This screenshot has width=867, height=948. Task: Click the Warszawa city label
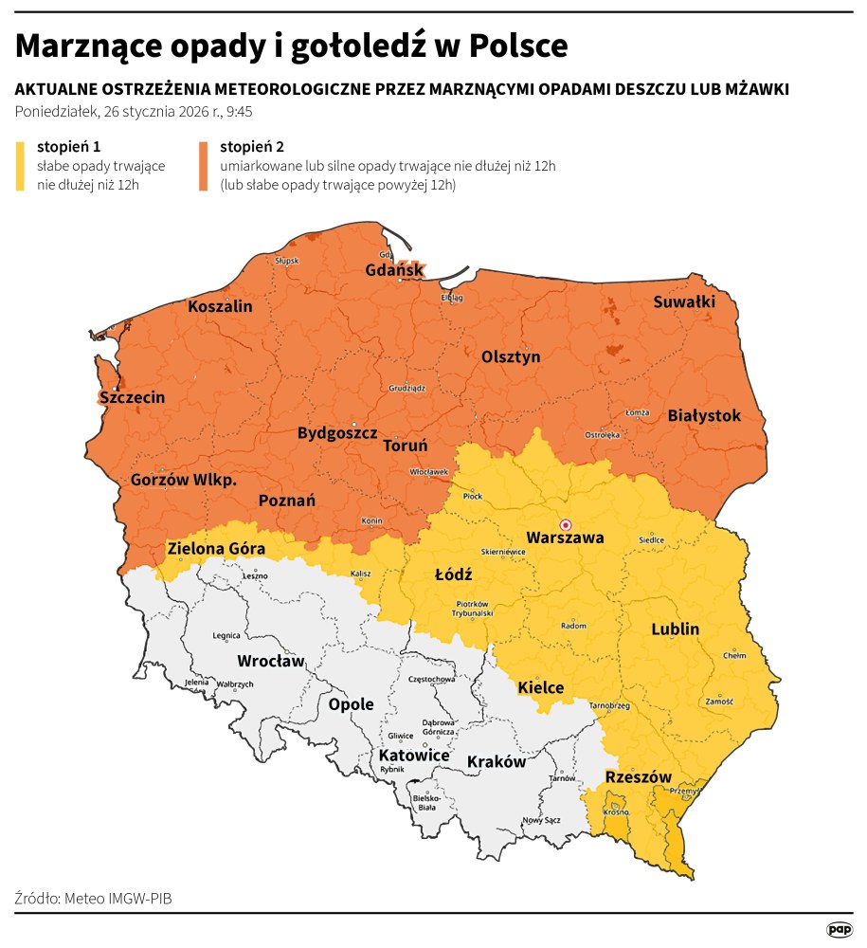pos(565,538)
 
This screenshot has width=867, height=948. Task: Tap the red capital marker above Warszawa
pos(566,523)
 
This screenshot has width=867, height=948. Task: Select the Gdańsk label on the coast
pos(394,270)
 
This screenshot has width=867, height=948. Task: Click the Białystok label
pos(704,415)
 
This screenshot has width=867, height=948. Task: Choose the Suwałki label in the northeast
pos(684,301)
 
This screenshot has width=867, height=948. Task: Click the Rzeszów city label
pos(638,776)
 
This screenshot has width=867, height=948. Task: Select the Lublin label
pos(676,629)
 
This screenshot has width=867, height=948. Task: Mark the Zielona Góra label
pos(215,548)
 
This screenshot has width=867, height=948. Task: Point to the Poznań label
pos(287,501)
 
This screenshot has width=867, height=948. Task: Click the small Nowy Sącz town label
pos(540,819)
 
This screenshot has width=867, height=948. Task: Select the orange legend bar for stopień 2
pos(204,167)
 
